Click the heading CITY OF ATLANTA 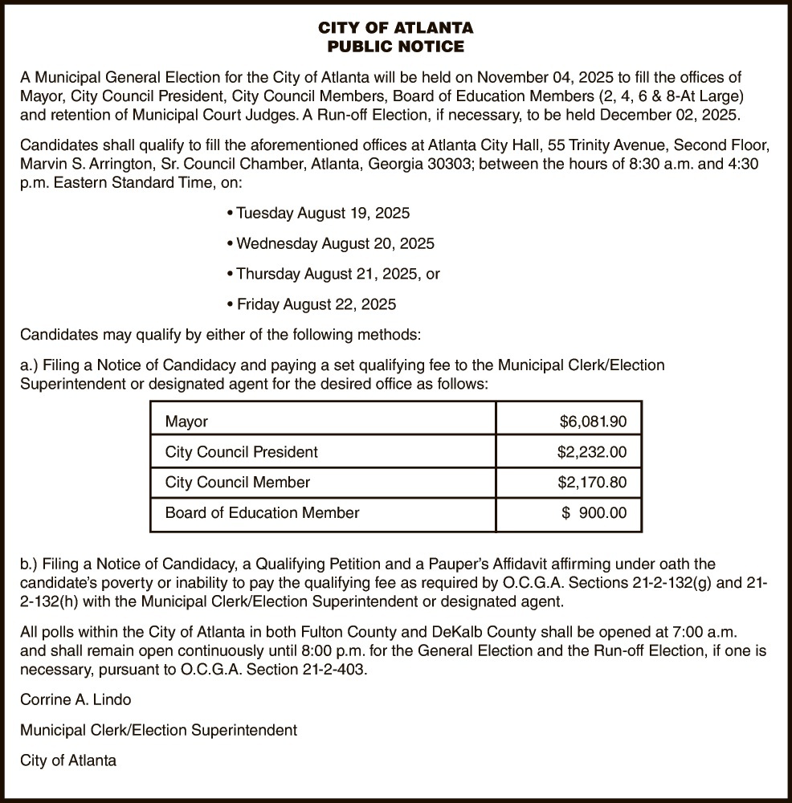396,28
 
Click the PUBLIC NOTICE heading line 396,47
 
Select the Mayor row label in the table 186,422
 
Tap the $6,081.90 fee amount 593,422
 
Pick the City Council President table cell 241,452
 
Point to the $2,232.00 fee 592,452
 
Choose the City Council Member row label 237,483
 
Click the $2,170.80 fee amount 592,483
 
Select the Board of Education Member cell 262,512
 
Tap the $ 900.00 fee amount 594,512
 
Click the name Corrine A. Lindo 76,699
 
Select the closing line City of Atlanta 68,760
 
